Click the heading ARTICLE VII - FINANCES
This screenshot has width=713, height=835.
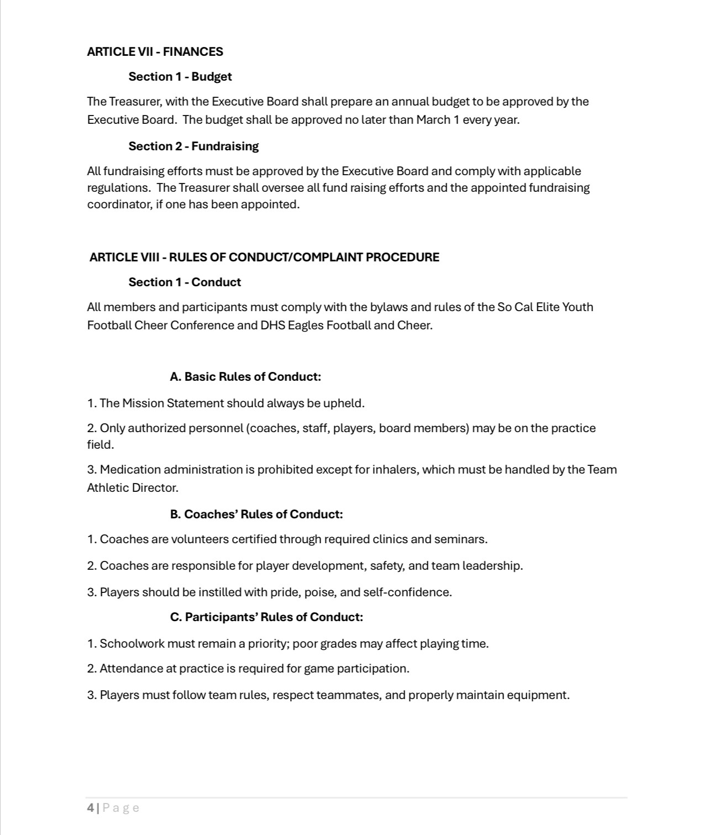click(x=155, y=52)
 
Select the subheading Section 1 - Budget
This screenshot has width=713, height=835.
click(x=180, y=77)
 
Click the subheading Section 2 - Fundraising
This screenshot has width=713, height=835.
click(x=193, y=146)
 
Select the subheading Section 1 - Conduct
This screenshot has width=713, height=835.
click(x=185, y=282)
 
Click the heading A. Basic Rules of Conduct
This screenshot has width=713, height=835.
click(x=245, y=377)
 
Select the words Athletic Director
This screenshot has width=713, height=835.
click(x=133, y=488)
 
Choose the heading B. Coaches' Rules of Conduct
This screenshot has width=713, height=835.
click(x=256, y=514)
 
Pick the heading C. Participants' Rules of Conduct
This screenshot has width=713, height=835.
click(x=266, y=617)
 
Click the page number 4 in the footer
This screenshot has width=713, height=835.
click(x=90, y=808)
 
